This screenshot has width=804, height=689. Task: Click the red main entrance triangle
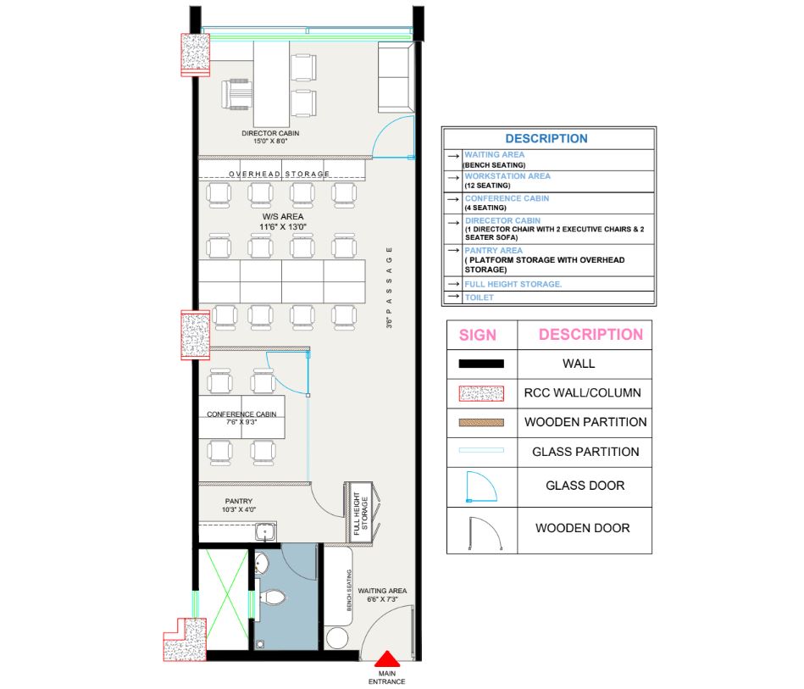(x=386, y=658)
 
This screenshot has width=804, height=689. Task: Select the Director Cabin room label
(x=270, y=137)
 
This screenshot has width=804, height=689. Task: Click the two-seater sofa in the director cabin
(x=396, y=77)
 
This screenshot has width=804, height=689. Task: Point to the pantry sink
(x=265, y=531)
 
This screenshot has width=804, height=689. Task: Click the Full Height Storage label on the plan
(x=361, y=513)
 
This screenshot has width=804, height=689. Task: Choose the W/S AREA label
(x=282, y=222)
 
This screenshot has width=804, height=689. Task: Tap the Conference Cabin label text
(x=241, y=418)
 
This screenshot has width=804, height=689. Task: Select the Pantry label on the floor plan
(x=238, y=505)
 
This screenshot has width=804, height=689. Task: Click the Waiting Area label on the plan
(x=382, y=595)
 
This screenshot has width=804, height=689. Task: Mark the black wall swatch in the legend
(x=481, y=364)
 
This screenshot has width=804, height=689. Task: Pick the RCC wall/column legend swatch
(x=481, y=393)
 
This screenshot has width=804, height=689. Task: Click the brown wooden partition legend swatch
(x=481, y=423)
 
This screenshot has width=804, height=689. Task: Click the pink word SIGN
(x=477, y=335)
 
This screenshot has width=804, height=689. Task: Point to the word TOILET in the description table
(x=479, y=297)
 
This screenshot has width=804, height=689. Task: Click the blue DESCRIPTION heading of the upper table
(x=546, y=138)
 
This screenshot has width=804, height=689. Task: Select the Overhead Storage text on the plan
(x=279, y=174)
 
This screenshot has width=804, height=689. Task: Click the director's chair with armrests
(x=236, y=94)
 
